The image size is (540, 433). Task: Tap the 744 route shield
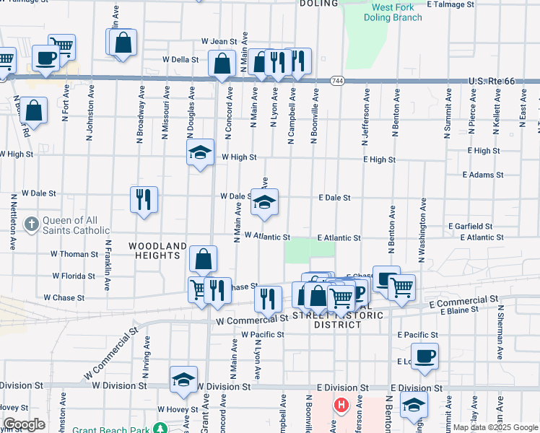[338, 81]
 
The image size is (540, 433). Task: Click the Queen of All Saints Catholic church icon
[31, 224]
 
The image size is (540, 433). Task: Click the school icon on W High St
[200, 152]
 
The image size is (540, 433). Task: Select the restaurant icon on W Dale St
[144, 198]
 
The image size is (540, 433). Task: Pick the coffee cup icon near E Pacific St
[425, 356]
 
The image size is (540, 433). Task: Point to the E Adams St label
[483, 175]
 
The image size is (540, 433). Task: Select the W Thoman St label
[74, 254]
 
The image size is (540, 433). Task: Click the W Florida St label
[74, 276]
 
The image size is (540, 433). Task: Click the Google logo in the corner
[24, 424]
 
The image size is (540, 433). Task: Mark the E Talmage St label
[450, 4]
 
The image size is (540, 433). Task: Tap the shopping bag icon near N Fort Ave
[33, 110]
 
